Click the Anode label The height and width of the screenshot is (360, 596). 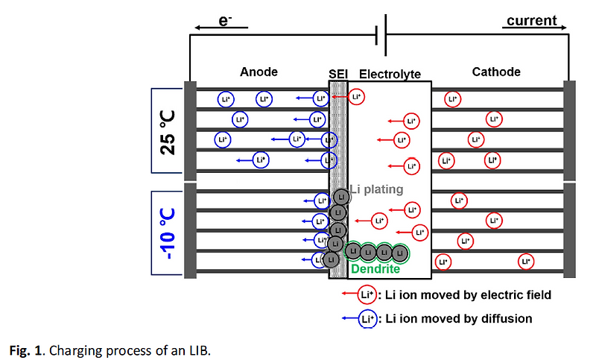(259, 72)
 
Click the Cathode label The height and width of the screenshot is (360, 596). (496, 72)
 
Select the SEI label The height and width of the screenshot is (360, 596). (339, 74)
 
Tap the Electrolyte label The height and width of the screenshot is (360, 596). (390, 74)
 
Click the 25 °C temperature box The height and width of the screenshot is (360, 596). (168, 132)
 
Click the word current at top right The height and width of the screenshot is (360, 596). (531, 20)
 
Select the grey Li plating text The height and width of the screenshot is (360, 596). (377, 190)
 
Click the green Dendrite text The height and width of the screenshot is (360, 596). (375, 269)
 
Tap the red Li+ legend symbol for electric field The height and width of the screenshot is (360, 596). (365, 294)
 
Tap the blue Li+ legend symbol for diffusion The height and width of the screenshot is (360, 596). (365, 318)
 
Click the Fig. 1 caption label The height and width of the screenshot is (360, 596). (24, 350)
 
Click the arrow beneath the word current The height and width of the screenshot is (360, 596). (531, 29)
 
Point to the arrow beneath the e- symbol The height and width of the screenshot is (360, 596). (221, 30)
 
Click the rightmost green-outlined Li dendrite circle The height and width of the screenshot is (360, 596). (401, 252)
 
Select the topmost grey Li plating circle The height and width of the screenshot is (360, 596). (340, 197)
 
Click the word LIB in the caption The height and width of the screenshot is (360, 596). (200, 350)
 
